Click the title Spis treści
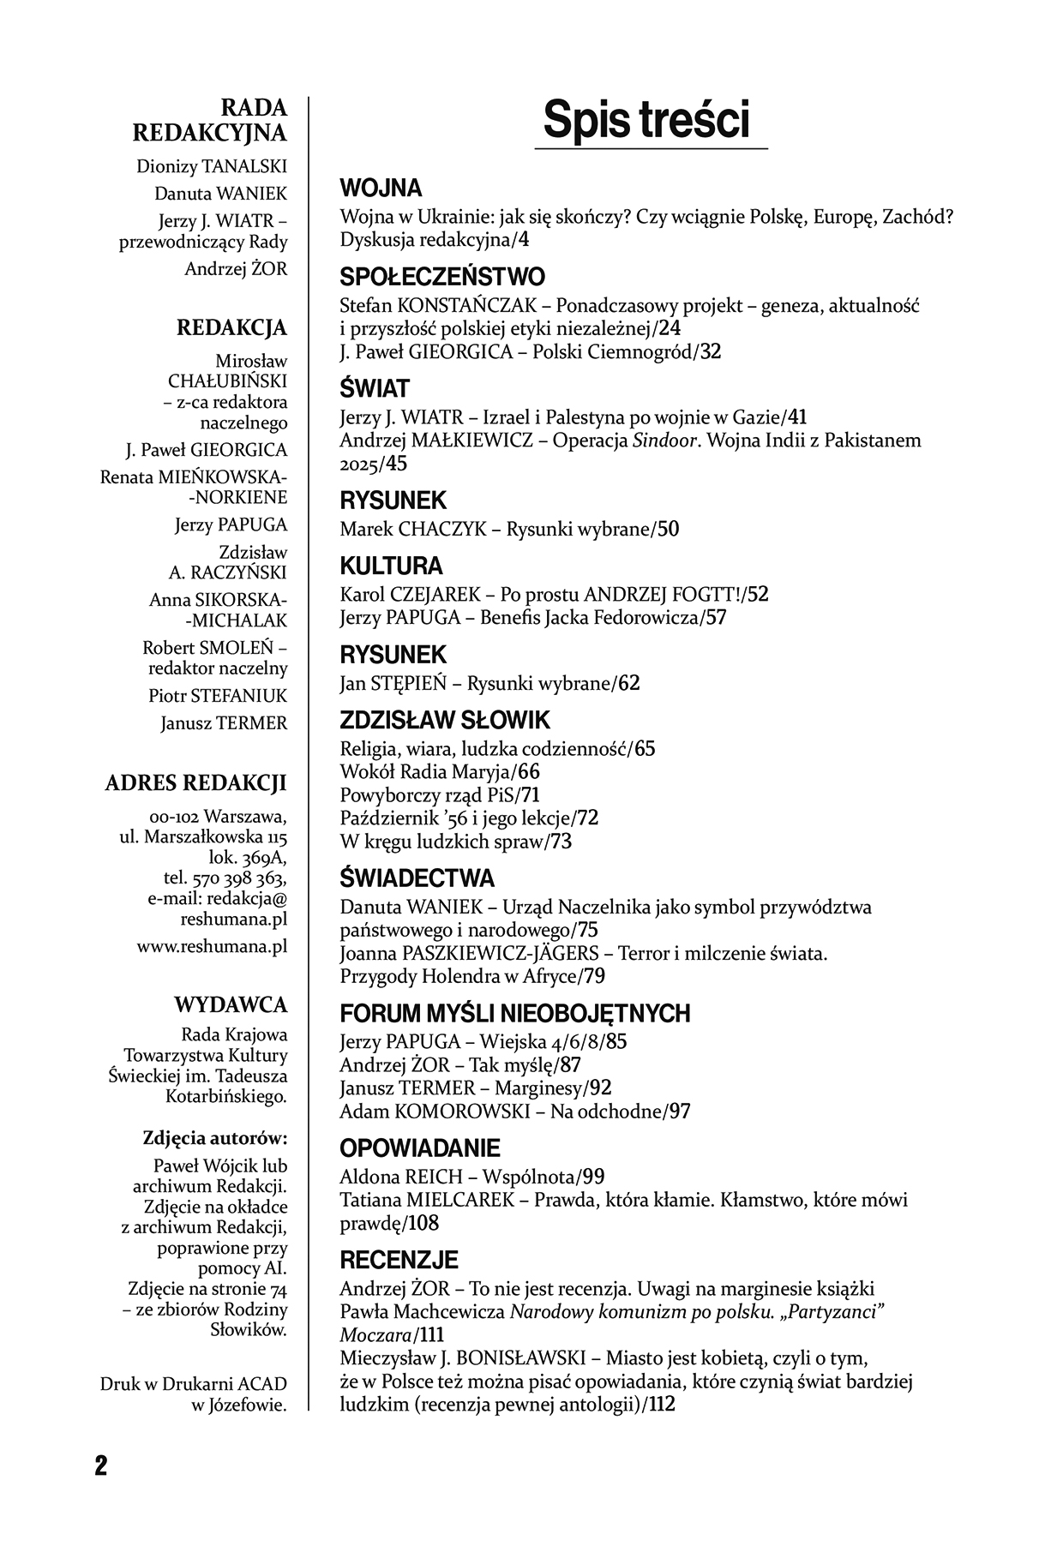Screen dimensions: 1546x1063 click(646, 120)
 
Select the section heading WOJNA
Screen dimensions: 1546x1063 click(381, 188)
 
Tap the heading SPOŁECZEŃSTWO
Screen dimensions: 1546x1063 click(442, 277)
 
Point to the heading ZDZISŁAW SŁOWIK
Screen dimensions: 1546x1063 click(445, 720)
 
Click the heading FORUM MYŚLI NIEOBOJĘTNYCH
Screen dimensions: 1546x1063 click(514, 1014)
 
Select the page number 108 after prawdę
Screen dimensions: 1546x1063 click(423, 1223)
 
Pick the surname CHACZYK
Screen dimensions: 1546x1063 click(442, 530)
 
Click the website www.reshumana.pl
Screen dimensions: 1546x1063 click(212, 947)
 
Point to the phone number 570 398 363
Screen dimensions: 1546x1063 click(243, 878)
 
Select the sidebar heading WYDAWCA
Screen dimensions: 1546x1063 click(231, 1004)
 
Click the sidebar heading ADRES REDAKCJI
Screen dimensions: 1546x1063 click(195, 782)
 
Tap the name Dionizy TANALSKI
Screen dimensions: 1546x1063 click(212, 166)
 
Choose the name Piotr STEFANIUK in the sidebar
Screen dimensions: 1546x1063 click(218, 695)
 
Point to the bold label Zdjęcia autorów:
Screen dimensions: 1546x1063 click(214, 1138)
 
